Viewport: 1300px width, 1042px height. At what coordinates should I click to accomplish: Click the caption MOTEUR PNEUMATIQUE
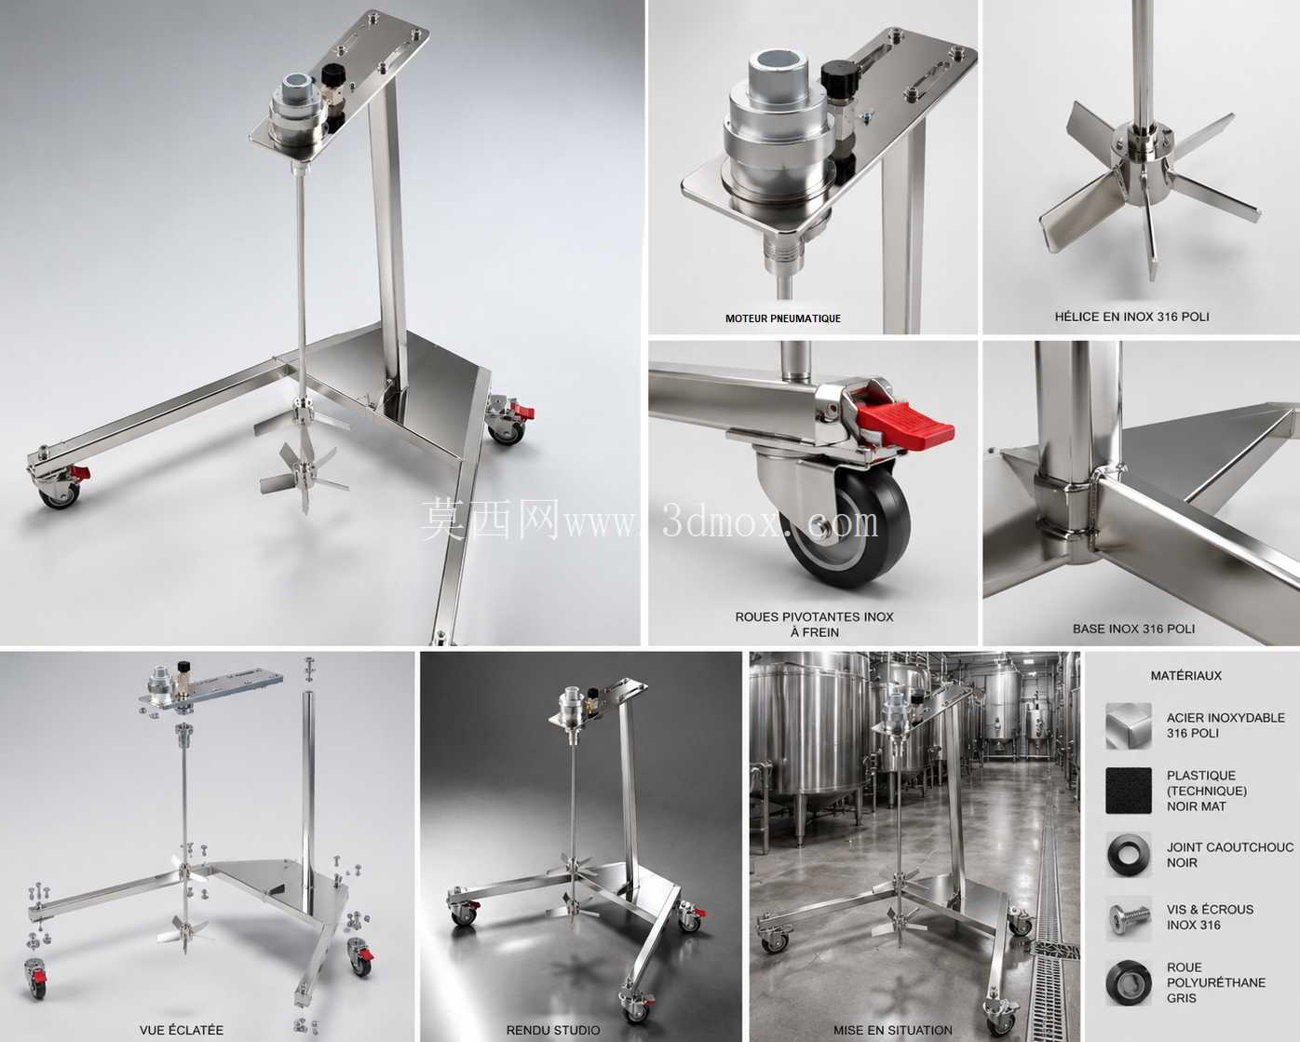[783, 318]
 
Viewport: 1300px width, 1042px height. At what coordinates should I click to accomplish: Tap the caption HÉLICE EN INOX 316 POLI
[1132, 317]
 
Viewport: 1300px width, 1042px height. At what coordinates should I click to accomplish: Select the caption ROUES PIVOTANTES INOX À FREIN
[814, 625]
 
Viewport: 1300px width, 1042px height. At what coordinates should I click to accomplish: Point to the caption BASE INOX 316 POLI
[1134, 629]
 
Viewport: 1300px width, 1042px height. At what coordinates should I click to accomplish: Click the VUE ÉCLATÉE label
[182, 1030]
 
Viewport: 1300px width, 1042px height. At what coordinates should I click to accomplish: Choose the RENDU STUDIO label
[553, 1030]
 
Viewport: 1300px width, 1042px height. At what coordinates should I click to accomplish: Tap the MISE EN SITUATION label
[893, 1030]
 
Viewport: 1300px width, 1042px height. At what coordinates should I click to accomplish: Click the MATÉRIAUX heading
[1185, 676]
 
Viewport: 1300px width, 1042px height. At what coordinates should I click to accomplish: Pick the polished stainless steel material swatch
[1129, 725]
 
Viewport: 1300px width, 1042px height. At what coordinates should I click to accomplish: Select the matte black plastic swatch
[1129, 791]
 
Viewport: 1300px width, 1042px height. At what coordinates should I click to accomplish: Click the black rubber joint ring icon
[1129, 855]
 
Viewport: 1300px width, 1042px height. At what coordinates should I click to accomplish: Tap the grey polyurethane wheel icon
[1129, 983]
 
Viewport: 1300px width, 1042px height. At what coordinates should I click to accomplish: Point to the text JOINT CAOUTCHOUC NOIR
[1230, 855]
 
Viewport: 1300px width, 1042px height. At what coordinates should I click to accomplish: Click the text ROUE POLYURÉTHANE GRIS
[1215, 982]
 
